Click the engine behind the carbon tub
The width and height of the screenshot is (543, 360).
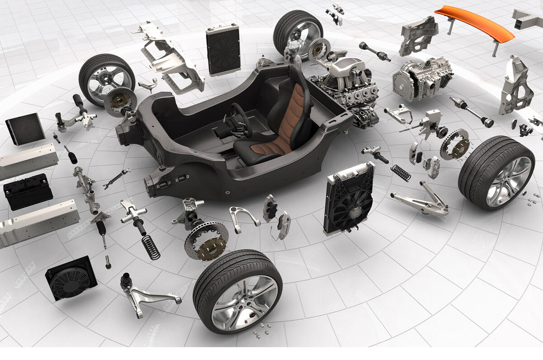(346, 86)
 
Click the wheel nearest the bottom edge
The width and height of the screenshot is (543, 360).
(238, 290)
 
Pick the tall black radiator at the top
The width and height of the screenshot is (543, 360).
(223, 50)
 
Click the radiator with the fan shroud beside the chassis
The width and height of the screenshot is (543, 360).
(348, 199)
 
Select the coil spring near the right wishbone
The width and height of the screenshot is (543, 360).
(400, 173)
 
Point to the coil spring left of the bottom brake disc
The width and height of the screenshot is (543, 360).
(151, 247)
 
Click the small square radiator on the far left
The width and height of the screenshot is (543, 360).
(25, 129)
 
